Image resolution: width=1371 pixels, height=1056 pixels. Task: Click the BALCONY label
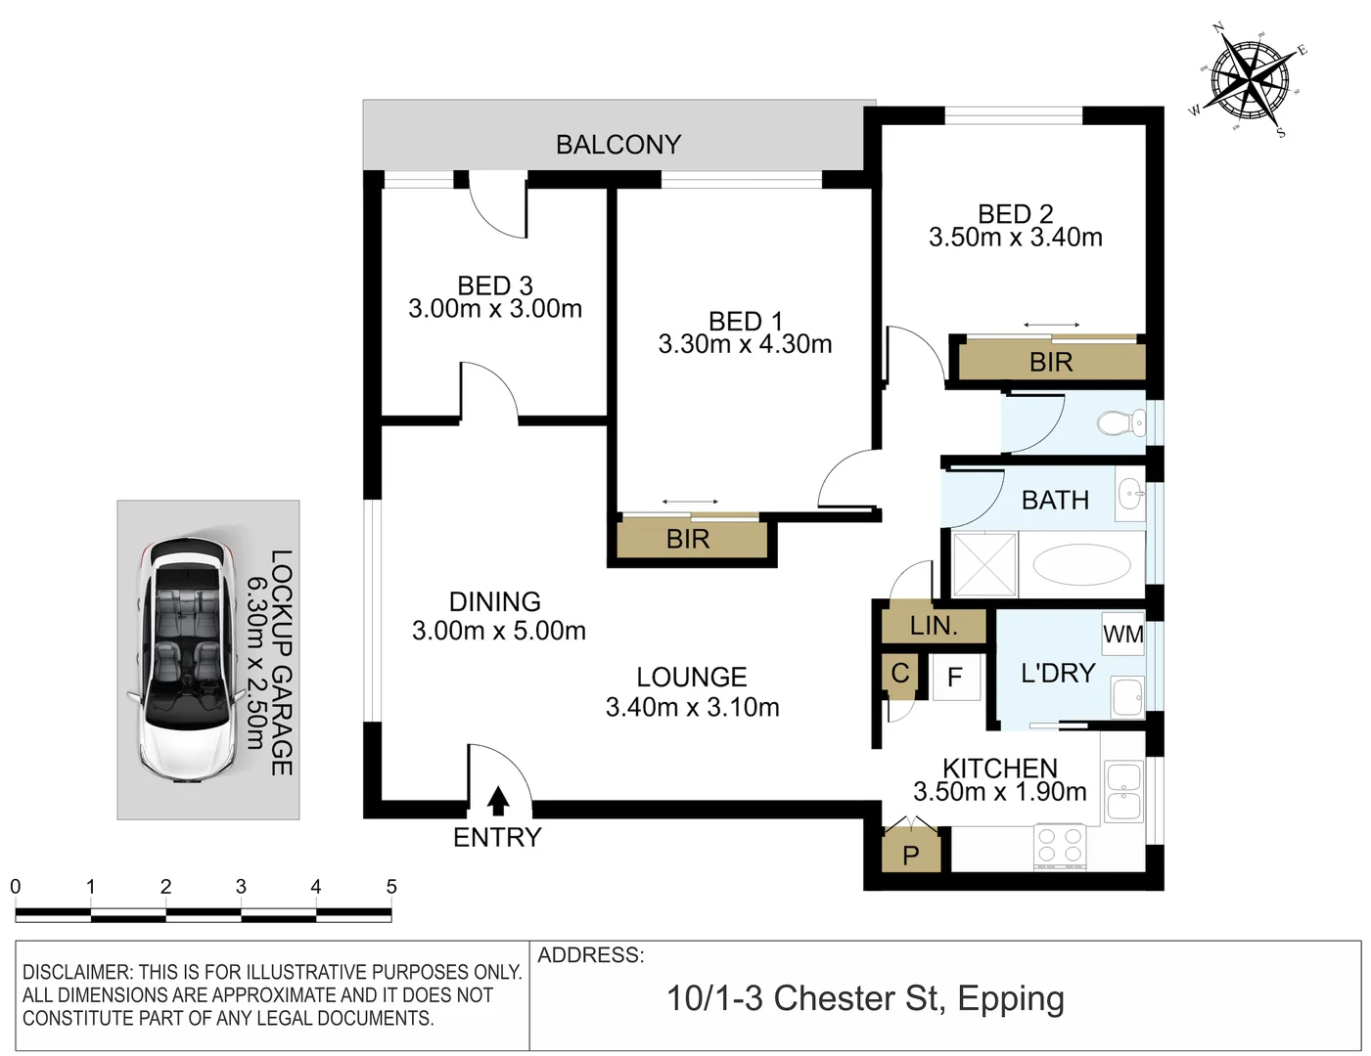pyautogui.click(x=617, y=145)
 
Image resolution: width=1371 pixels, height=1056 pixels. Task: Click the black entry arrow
pyautogui.click(x=498, y=801)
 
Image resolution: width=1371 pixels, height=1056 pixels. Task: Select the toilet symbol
pyautogui.click(x=1121, y=423)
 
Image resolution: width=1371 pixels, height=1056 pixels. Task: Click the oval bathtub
pyautogui.click(x=1081, y=564)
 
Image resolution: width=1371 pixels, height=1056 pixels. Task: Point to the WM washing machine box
pyautogui.click(x=1122, y=635)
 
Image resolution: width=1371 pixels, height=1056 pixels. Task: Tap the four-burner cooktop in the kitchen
pyautogui.click(x=1060, y=847)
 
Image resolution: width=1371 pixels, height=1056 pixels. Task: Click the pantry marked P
pyautogui.click(x=911, y=854)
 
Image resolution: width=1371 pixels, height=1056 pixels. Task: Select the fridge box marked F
pyautogui.click(x=955, y=678)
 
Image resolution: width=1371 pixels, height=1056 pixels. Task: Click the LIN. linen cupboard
pyautogui.click(x=933, y=627)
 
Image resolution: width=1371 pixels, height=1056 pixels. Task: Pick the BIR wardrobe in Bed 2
pyautogui.click(x=1051, y=363)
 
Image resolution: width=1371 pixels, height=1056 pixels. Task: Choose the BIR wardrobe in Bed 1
pyautogui.click(x=688, y=540)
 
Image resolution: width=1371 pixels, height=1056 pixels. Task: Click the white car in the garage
pyautogui.click(x=186, y=660)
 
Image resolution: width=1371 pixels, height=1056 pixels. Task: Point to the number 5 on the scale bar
pyautogui.click(x=391, y=887)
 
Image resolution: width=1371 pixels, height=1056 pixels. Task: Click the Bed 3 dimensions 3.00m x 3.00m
pyautogui.click(x=495, y=309)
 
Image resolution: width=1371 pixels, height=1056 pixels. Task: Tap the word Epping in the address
pyautogui.click(x=1011, y=998)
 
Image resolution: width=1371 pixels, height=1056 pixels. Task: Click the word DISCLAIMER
pyautogui.click(x=76, y=972)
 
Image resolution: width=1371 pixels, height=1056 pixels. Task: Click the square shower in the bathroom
pyautogui.click(x=984, y=564)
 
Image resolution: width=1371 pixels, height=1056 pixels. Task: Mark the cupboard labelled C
pyautogui.click(x=900, y=674)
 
